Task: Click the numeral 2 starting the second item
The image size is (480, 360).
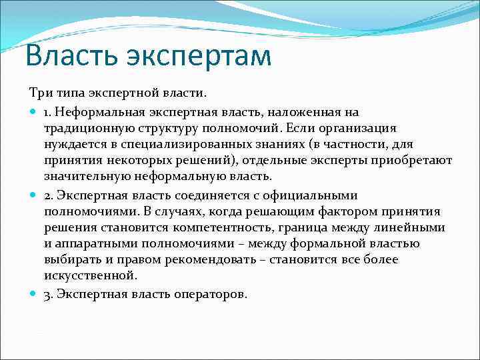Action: coord(48,195)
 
